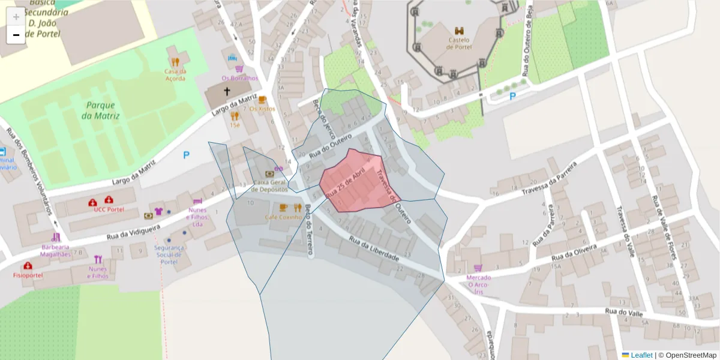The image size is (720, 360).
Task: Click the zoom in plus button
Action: tap(16, 16)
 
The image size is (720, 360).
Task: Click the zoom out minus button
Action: tap(16, 35)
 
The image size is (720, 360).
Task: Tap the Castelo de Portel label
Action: tap(460, 43)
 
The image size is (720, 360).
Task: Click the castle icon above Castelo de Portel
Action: tap(460, 31)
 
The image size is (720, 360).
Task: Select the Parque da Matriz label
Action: tap(100, 110)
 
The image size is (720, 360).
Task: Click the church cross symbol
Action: tap(227, 91)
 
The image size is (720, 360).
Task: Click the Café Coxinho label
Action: tap(283, 217)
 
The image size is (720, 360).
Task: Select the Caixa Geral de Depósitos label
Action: tap(269, 185)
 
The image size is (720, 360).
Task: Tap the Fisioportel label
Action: tap(28, 275)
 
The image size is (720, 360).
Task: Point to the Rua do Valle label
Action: tap(624, 311)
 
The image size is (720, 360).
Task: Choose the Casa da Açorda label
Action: tap(175, 74)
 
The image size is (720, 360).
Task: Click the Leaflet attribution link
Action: tap(641, 355)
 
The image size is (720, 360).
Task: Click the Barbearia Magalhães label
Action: tap(56, 250)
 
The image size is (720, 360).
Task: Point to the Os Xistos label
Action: tap(262, 109)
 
